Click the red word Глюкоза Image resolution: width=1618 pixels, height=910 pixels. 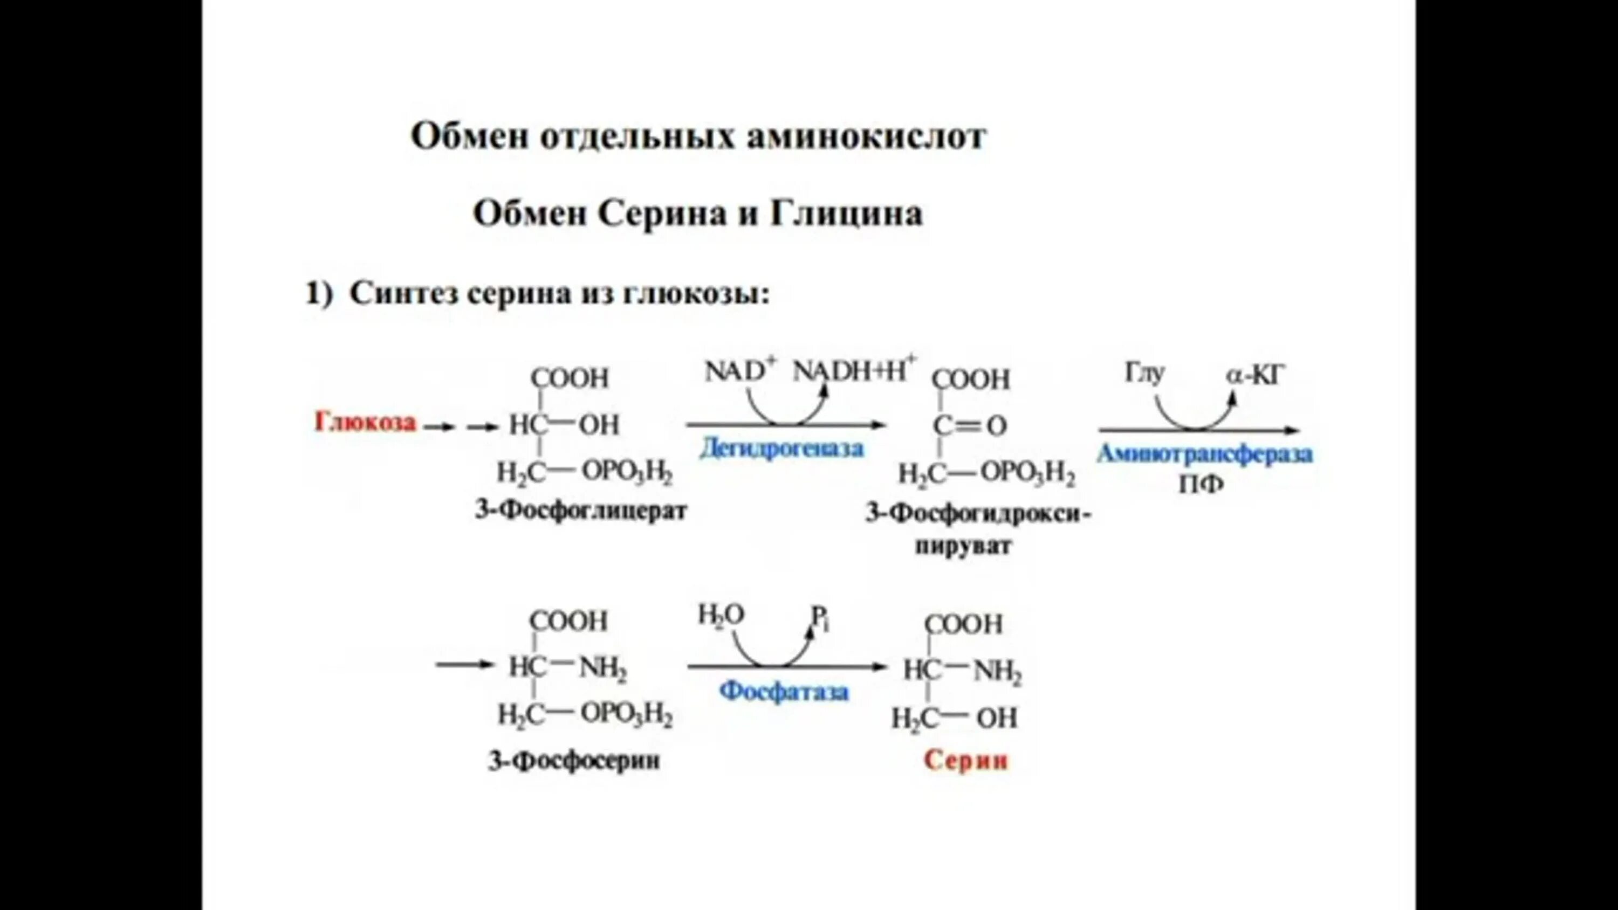pyautogui.click(x=365, y=423)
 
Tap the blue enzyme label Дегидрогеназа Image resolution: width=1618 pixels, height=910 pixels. pyautogui.click(x=782, y=449)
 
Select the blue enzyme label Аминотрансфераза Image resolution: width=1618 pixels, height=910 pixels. pyautogui.click(x=1205, y=453)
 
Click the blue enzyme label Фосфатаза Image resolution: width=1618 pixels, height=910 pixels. pyautogui.click(x=784, y=692)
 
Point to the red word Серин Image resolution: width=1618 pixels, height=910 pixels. pyautogui.click(x=965, y=761)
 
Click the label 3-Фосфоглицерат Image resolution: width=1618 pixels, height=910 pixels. pyautogui.click(x=581, y=510)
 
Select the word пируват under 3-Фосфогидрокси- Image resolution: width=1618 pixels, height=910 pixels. pyautogui.click(x=963, y=545)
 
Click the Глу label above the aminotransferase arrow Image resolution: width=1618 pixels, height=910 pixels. pyautogui.click(x=1144, y=374)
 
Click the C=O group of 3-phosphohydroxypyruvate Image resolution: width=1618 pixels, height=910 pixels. pyautogui.click(x=970, y=426)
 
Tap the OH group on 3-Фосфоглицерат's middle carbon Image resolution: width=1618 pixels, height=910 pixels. pyautogui.click(x=599, y=425)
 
